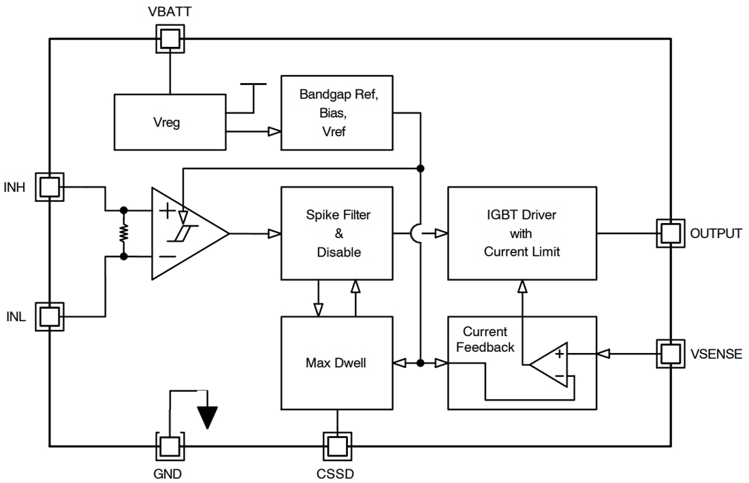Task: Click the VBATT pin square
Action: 170,39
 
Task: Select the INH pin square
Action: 50,186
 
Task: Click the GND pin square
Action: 170,446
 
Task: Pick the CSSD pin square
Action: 337,446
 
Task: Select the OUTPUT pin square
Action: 670,233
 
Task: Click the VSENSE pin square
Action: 670,353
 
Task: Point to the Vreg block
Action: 170,122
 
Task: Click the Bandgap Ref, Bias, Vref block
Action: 337,112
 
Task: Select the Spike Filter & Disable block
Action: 337,233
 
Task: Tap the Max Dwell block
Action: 337,363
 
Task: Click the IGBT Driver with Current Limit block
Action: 521,233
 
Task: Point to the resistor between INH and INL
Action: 124,233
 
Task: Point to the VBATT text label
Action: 170,12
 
